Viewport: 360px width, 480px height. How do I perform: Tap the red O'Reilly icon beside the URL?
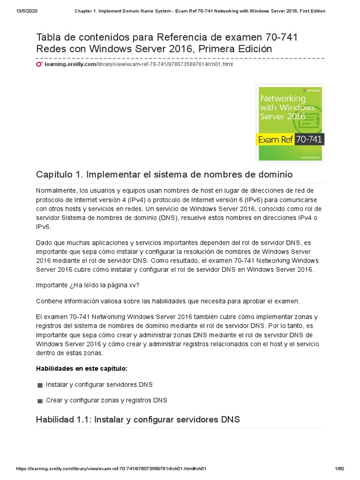[x=39, y=64]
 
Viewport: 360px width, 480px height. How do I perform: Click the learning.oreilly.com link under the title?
[x=70, y=64]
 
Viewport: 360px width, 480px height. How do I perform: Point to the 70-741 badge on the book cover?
[x=309, y=139]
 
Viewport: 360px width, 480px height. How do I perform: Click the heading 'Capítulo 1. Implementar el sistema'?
[x=164, y=174]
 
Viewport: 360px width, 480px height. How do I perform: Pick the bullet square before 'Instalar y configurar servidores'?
[x=40, y=385]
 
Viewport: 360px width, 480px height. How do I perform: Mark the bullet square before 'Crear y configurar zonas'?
[x=40, y=401]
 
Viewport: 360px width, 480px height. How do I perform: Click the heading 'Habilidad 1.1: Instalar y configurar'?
[x=138, y=420]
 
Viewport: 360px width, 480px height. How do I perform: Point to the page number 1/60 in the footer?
[x=339, y=469]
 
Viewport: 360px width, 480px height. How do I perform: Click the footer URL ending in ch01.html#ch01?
[x=112, y=469]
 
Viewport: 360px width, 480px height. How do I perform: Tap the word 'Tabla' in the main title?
[x=49, y=37]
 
